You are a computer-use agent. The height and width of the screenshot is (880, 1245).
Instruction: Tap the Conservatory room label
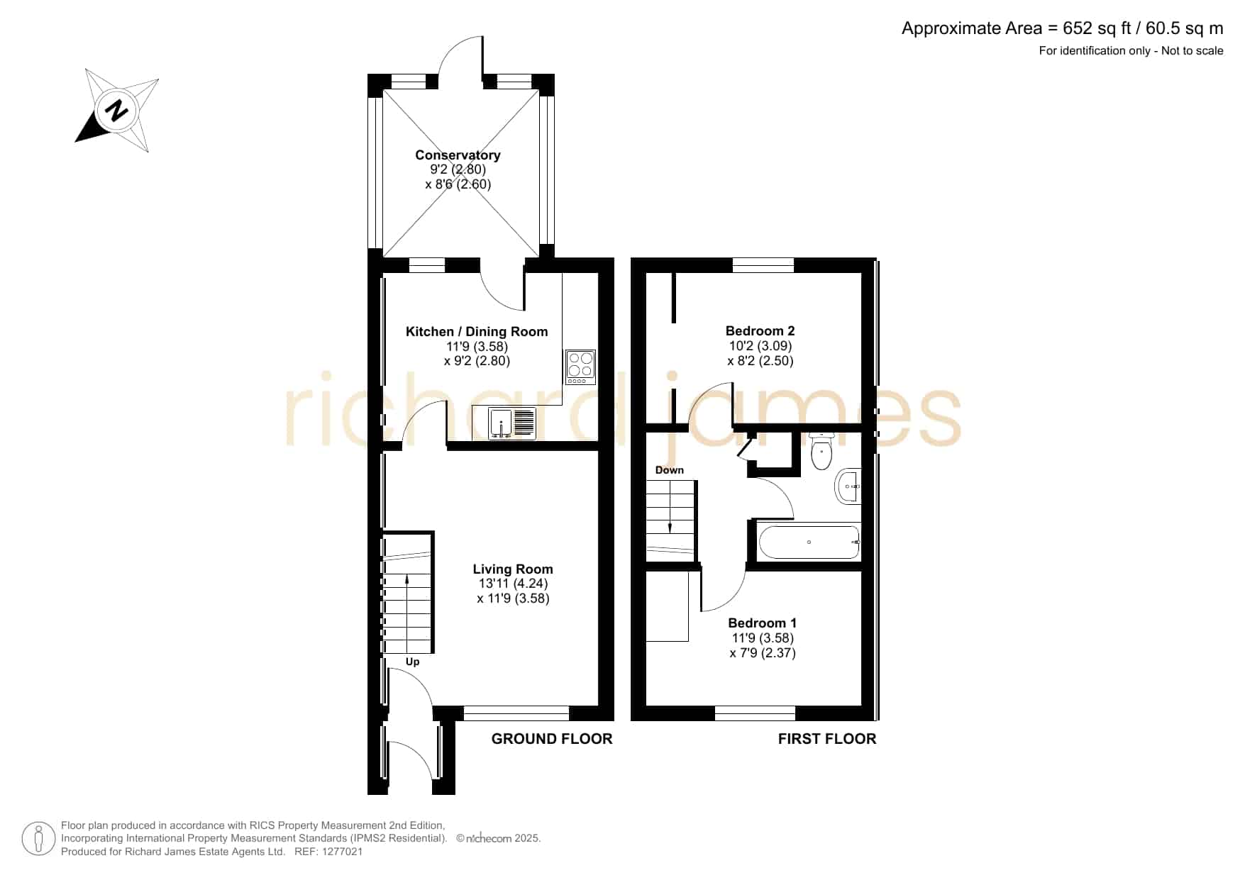click(x=458, y=155)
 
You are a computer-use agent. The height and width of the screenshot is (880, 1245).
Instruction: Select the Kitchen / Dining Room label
click(x=477, y=331)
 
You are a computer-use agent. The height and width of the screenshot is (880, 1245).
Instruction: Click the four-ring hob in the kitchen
click(x=580, y=367)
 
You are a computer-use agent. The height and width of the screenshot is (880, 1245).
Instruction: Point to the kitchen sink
click(x=512, y=423)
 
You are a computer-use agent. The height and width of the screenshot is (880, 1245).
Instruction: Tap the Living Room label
click(x=513, y=569)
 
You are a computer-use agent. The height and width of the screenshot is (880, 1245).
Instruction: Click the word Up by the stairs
click(x=412, y=662)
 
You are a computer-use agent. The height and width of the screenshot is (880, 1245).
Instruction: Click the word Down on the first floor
click(x=670, y=470)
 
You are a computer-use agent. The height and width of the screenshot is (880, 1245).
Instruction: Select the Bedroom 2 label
click(x=760, y=330)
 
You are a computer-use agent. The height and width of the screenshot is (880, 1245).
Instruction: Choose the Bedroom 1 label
click(x=763, y=623)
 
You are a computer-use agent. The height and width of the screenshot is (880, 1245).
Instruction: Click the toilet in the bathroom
click(x=821, y=451)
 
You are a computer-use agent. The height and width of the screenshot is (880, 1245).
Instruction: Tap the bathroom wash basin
click(x=848, y=486)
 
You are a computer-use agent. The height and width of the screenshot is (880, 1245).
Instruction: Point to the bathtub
click(x=809, y=542)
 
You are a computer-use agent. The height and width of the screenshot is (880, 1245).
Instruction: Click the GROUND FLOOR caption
click(x=552, y=739)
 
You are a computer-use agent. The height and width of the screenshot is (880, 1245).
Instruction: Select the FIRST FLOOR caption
click(x=827, y=739)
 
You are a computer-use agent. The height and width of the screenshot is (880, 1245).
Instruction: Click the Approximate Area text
click(x=1062, y=28)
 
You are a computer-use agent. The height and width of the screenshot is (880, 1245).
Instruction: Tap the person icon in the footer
click(x=39, y=839)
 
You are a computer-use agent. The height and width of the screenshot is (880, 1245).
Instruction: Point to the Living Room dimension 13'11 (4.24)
click(x=513, y=584)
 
